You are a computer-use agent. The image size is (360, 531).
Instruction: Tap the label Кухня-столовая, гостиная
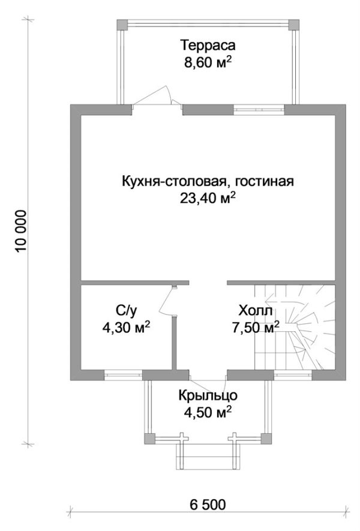[x=208, y=181]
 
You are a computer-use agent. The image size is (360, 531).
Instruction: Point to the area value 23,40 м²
[x=208, y=198]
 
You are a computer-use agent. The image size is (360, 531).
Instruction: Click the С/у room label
[x=127, y=310]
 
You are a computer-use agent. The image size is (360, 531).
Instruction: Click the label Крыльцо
[x=208, y=395]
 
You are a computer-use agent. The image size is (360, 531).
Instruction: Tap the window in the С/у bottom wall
[x=123, y=376]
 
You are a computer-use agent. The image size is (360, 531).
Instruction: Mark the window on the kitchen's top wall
[x=258, y=109]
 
